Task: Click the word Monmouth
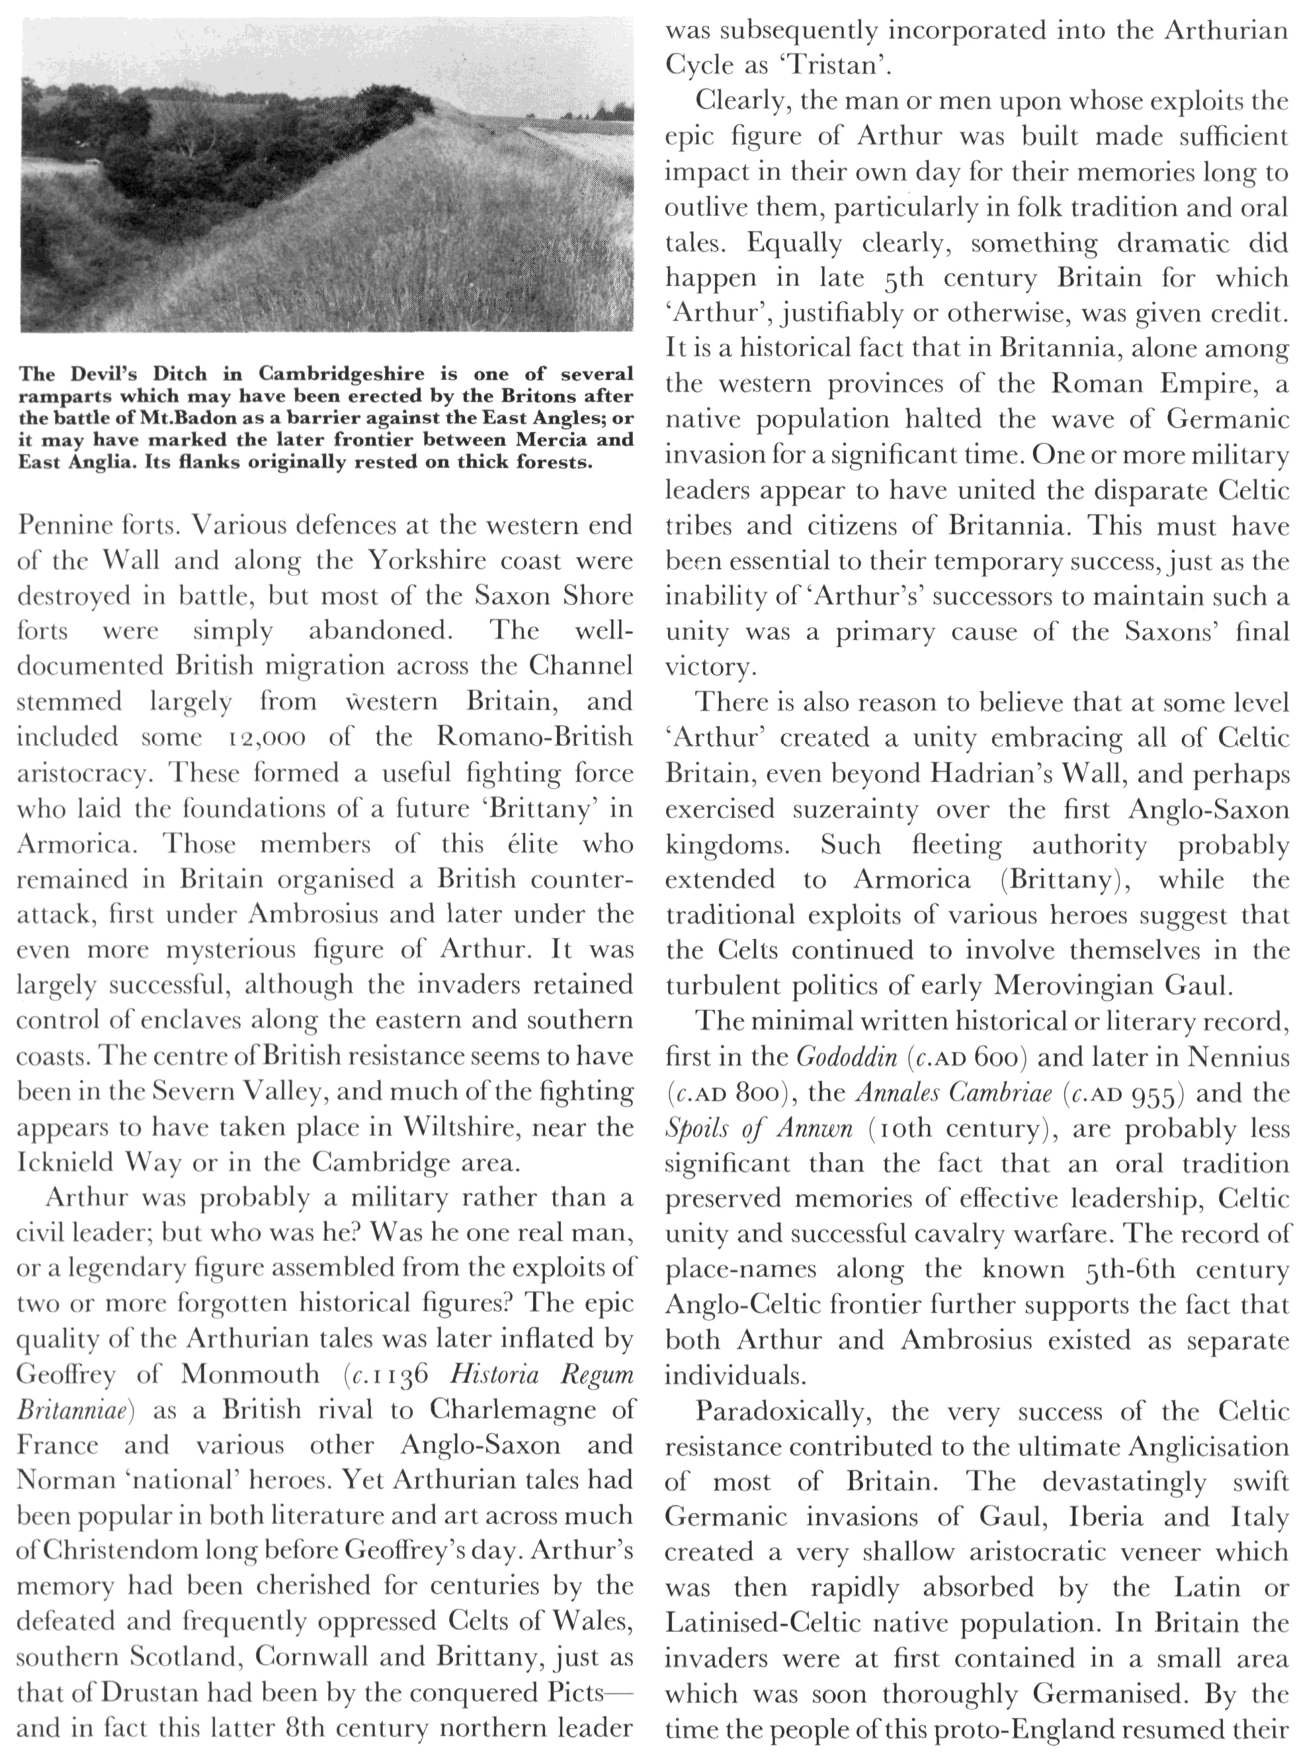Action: pyautogui.click(x=249, y=1375)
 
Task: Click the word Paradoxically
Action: pyautogui.click(x=783, y=1411)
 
